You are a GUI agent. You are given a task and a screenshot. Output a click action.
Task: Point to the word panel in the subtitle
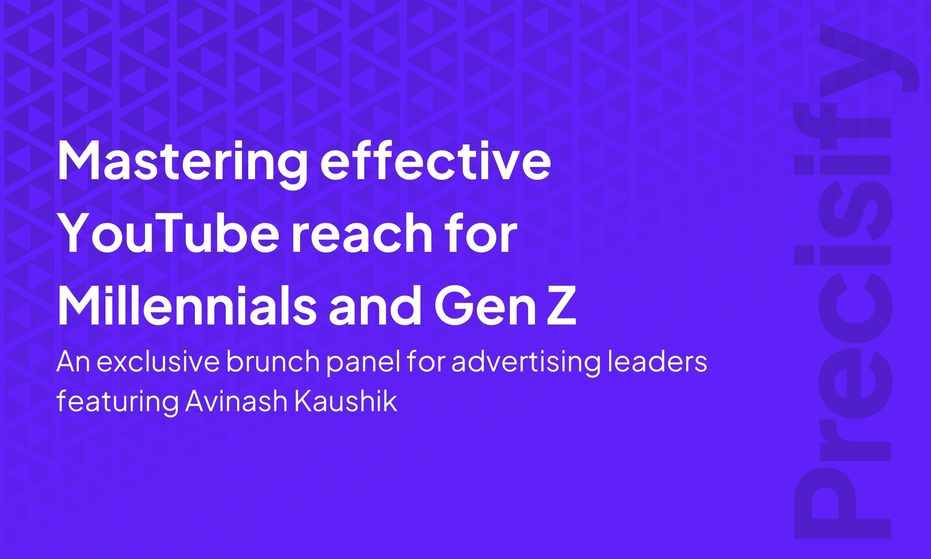click(363, 363)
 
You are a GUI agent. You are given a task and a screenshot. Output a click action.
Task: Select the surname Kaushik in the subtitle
click(345, 401)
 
